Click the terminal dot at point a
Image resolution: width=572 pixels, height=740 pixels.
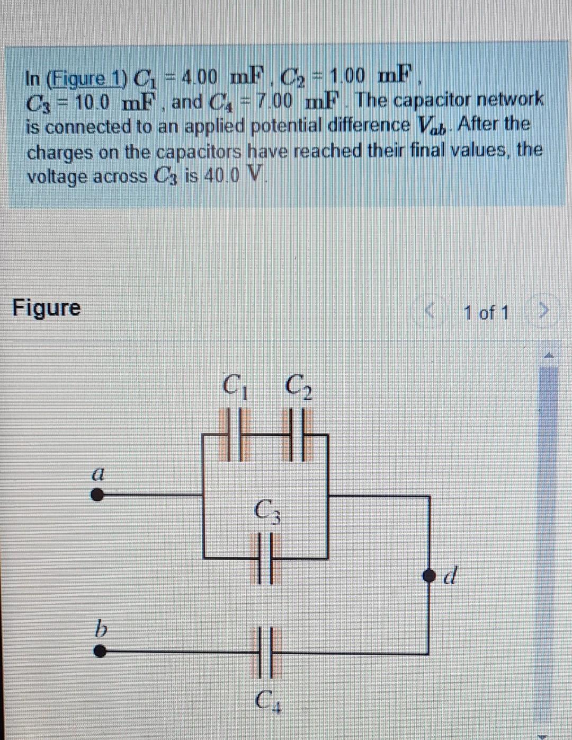(x=97, y=496)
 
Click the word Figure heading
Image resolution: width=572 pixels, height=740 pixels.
(x=47, y=307)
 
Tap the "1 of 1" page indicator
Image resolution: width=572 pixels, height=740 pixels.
(x=486, y=313)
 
